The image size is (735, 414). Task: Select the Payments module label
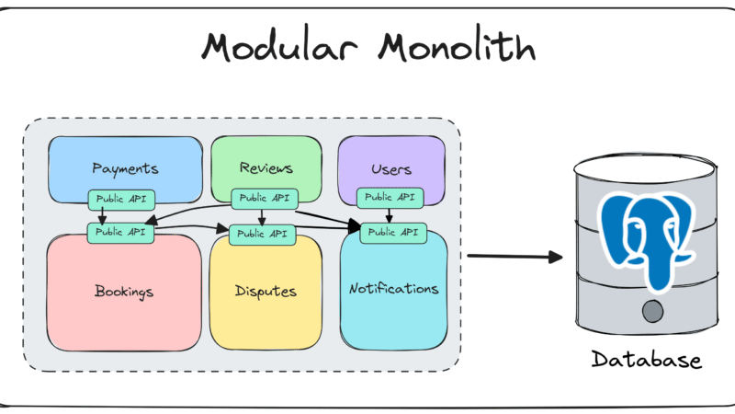click(x=125, y=168)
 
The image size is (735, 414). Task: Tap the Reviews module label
click(x=266, y=168)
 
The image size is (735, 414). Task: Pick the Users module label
click(x=390, y=169)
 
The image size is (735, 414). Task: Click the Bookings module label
click(x=123, y=292)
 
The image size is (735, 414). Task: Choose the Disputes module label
click(x=266, y=293)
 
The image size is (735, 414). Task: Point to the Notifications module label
click(x=393, y=289)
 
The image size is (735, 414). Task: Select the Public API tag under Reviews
click(x=262, y=198)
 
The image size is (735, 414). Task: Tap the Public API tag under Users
click(x=389, y=197)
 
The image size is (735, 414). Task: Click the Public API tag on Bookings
click(x=120, y=233)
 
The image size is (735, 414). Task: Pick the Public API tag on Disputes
click(x=262, y=234)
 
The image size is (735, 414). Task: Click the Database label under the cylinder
click(x=645, y=360)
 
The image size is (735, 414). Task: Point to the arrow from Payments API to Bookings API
click(x=102, y=215)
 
